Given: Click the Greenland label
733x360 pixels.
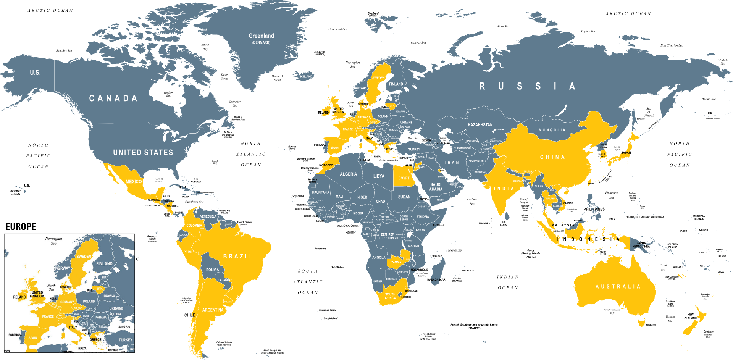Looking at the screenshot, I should (x=261, y=36).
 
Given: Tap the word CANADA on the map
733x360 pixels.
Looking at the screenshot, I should (x=113, y=98).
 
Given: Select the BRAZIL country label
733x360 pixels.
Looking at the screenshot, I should (x=237, y=257).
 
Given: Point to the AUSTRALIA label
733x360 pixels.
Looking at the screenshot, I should (x=618, y=287).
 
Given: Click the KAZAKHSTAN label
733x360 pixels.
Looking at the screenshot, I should (x=480, y=125).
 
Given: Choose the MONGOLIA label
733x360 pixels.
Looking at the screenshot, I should (x=552, y=130).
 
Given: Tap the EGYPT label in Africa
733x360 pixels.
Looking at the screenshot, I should (x=404, y=178).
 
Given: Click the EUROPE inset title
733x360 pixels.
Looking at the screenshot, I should (x=21, y=227).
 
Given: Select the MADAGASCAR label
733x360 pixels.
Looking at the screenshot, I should (x=436, y=280).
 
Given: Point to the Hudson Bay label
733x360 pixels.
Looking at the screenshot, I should (x=168, y=94).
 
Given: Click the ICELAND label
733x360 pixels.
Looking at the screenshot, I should (x=306, y=77).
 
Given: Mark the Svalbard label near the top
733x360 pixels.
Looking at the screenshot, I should (x=373, y=14).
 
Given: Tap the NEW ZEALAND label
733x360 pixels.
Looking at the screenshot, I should (x=690, y=316).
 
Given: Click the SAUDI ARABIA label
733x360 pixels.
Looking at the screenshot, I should (x=436, y=187).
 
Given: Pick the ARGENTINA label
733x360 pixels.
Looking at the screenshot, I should (x=213, y=310).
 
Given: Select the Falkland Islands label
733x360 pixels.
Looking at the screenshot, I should (x=224, y=343).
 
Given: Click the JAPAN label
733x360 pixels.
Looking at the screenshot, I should (x=626, y=153).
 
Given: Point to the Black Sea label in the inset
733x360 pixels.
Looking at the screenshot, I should (x=124, y=327).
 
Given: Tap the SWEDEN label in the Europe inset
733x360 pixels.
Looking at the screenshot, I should (x=84, y=257).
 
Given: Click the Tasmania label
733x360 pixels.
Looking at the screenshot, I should (x=651, y=325).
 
